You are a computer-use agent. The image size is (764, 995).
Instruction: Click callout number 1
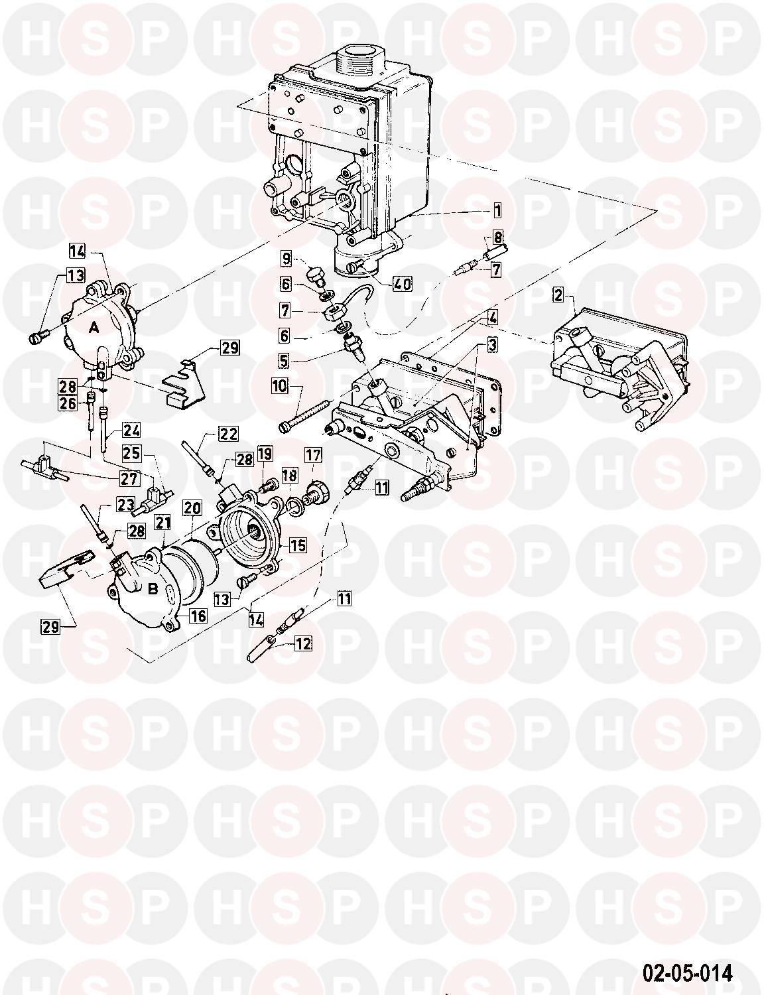pos(497,211)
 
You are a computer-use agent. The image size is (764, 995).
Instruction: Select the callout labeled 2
pos(558,295)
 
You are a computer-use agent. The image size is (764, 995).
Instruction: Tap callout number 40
pos(402,284)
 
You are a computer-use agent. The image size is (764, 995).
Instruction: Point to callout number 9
pos(286,259)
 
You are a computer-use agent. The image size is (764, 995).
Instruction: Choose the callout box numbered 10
pos(279,385)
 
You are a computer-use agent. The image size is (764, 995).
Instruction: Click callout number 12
pos(304,644)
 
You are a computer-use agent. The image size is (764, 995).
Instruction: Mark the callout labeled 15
pos(298,545)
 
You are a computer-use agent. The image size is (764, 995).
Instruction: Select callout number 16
pos(198,616)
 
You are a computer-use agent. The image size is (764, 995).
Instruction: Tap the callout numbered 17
pos(314,456)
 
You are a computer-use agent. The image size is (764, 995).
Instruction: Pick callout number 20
pos(193,508)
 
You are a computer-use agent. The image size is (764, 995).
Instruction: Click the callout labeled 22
pos(228,434)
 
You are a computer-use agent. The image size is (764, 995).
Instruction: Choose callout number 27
pos(129,479)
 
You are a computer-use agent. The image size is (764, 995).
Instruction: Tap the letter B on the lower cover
pos(153,589)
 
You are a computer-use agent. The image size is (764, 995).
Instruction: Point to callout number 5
pos(284,360)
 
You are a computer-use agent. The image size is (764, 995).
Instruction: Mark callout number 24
pos(131,430)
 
